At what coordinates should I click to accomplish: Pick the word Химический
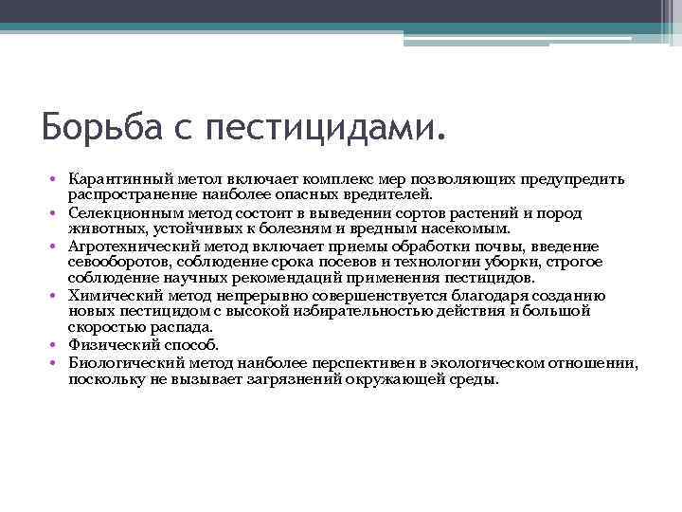pos(108,295)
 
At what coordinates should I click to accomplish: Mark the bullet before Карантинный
pos(57,180)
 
